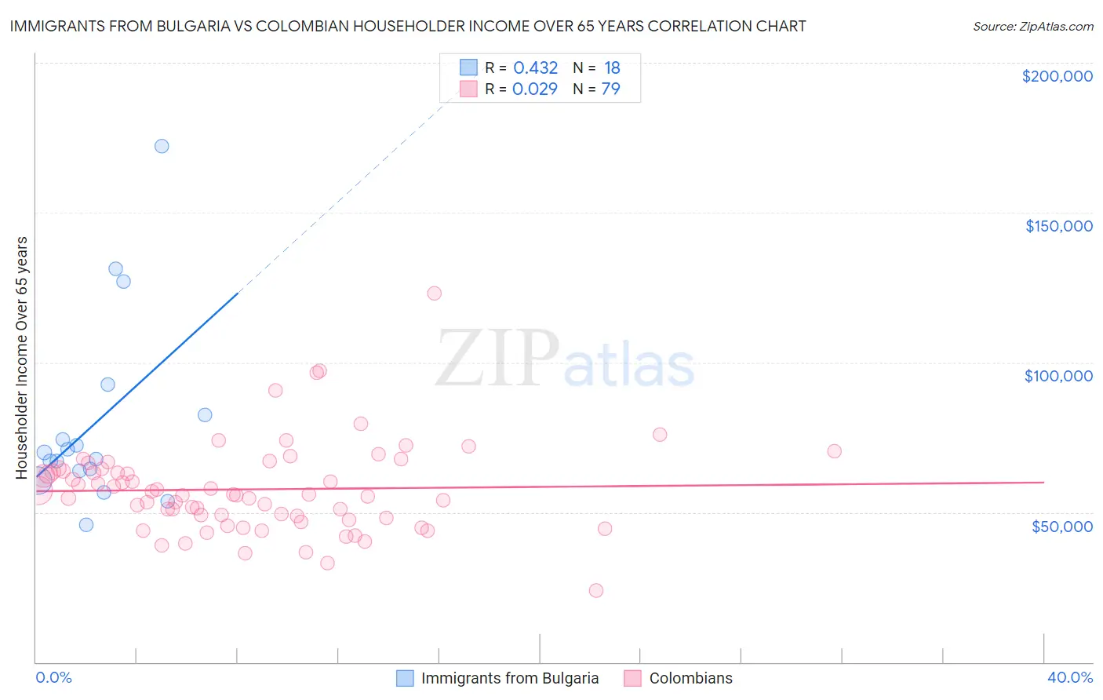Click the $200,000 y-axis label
pyautogui.click(x=1057, y=76)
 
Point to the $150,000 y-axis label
pyautogui.click(x=1058, y=226)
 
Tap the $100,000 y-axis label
pyautogui.click(x=1058, y=376)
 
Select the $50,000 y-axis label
pyautogui.click(x=1061, y=526)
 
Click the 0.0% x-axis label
pyautogui.click(x=53, y=677)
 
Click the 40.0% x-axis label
pyautogui.click(x=1070, y=677)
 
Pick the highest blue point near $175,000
pyautogui.click(x=162, y=146)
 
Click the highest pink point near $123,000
pyautogui.click(x=435, y=293)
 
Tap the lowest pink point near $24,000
pyautogui.click(x=596, y=590)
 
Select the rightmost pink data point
pyautogui.click(x=835, y=451)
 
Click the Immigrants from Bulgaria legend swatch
pyautogui.click(x=405, y=678)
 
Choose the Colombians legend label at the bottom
pyautogui.click(x=690, y=678)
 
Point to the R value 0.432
pyautogui.click(x=535, y=68)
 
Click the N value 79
pyautogui.click(x=610, y=89)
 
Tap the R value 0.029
pyautogui.click(x=534, y=89)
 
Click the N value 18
pyautogui.click(x=612, y=68)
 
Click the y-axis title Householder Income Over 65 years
pyautogui.click(x=22, y=357)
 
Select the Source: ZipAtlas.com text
pyautogui.click(x=1032, y=27)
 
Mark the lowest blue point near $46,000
pyautogui.click(x=86, y=525)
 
